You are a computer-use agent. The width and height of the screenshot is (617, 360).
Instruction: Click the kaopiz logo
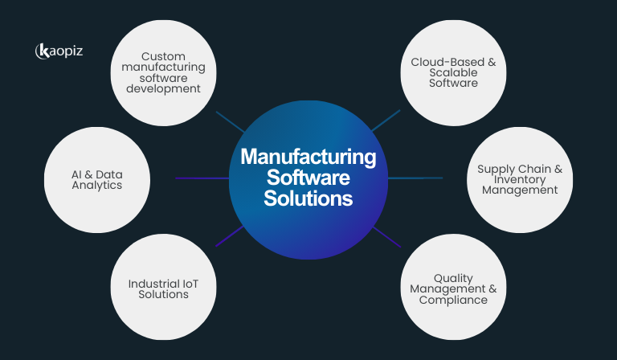(x=59, y=51)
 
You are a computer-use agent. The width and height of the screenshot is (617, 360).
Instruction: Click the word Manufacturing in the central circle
(x=308, y=156)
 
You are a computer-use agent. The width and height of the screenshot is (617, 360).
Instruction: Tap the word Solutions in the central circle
(x=308, y=198)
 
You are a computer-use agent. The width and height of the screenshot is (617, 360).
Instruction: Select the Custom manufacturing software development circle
(x=163, y=72)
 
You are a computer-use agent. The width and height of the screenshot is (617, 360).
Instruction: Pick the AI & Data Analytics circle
(x=96, y=179)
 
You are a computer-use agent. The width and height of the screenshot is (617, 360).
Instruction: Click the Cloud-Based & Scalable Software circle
(x=453, y=72)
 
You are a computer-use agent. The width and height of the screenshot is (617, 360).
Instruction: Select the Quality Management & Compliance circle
(x=453, y=288)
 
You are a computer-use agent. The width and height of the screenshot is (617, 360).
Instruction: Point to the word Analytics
(x=96, y=186)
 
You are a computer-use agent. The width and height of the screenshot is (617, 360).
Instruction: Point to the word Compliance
(x=453, y=300)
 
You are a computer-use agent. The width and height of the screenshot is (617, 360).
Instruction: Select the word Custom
(x=163, y=56)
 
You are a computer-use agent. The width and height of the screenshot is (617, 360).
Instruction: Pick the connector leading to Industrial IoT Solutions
(x=228, y=238)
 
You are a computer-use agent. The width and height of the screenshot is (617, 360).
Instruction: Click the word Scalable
(x=453, y=72)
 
